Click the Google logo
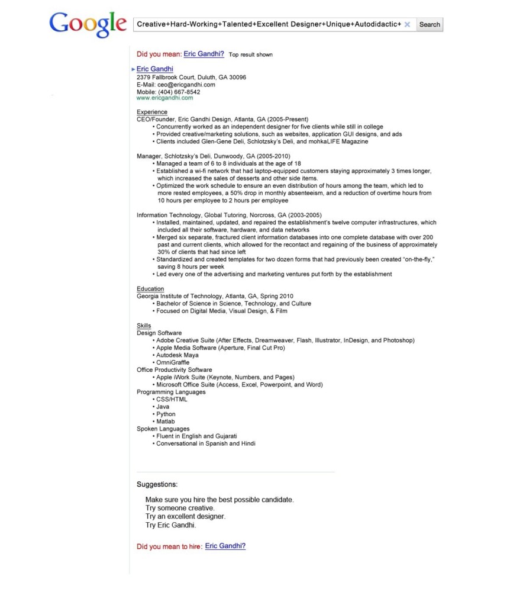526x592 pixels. click(x=88, y=24)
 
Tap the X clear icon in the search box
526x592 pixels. click(x=407, y=24)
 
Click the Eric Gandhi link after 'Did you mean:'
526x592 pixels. click(x=204, y=54)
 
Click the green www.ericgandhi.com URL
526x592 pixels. click(x=164, y=98)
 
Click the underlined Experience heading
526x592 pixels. click(x=152, y=112)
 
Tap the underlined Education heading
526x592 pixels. click(x=150, y=289)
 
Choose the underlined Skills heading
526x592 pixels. click(x=144, y=326)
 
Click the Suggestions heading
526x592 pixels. click(x=157, y=484)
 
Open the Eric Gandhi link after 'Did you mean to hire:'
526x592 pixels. click(x=225, y=546)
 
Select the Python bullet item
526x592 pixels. click(x=166, y=414)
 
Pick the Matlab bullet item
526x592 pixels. click(x=166, y=422)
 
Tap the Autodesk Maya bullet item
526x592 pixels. click(x=178, y=355)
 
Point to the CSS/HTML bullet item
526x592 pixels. click(x=172, y=400)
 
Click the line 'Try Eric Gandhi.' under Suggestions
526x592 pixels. click(x=170, y=525)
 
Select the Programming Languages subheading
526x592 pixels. click(x=171, y=392)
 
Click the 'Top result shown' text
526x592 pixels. click(x=251, y=54)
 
